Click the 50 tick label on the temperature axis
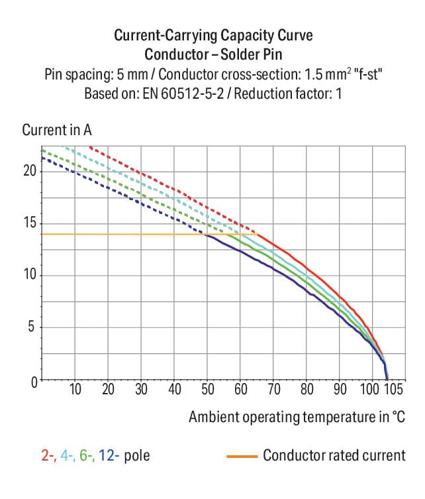pyautogui.click(x=208, y=389)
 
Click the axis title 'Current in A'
pyautogui.click(x=57, y=130)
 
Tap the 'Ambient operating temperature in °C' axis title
pyautogui.click(x=296, y=417)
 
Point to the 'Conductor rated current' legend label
pyautogui.click(x=334, y=456)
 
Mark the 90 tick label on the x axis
pyautogui.click(x=340, y=389)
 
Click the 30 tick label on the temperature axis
pyautogui.click(x=142, y=389)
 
